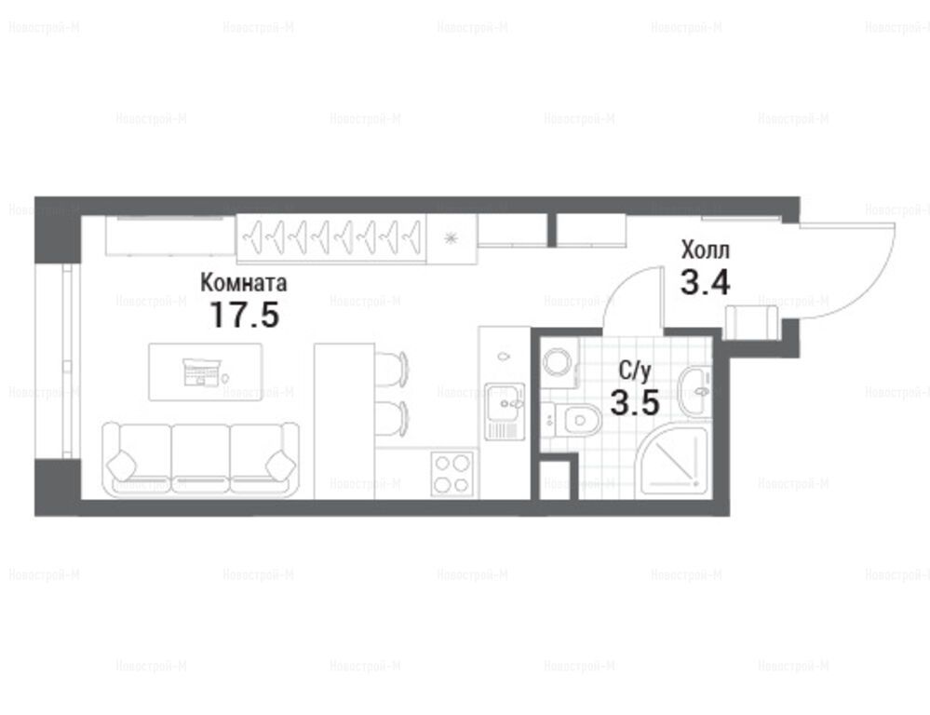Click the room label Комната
(244, 282)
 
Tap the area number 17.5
(244, 315)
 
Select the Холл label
(706, 250)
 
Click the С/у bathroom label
(635, 371)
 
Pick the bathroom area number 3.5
(635, 403)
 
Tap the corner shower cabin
(673, 462)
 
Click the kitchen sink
(505, 411)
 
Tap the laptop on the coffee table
(202, 371)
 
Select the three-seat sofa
(200, 459)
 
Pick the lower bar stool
(391, 418)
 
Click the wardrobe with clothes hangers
(331, 238)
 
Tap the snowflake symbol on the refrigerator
(452, 238)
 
